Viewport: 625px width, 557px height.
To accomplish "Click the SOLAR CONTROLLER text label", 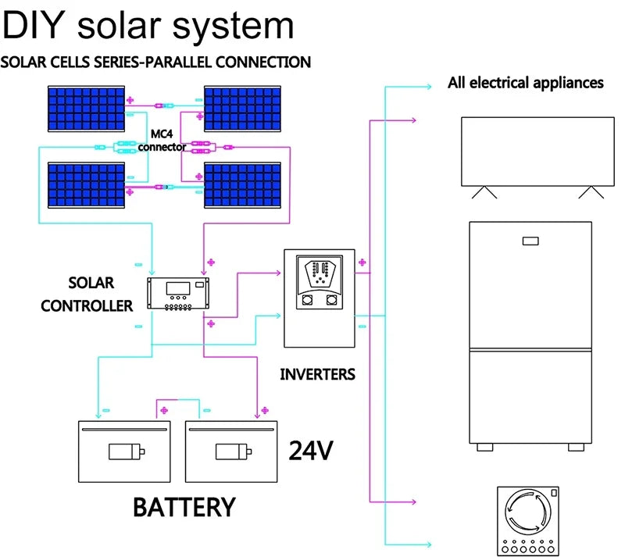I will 87,294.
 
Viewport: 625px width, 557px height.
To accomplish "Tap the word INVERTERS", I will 317,374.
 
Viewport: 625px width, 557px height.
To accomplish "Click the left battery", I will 124,451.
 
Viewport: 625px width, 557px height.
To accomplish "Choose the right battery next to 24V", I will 231,451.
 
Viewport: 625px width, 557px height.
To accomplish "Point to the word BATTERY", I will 184,506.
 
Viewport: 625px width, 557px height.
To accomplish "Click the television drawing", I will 537,152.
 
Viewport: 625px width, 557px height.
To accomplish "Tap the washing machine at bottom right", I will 530,520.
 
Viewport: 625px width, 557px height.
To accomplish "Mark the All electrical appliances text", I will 525,82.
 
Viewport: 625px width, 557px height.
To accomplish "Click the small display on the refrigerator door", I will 532,241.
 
